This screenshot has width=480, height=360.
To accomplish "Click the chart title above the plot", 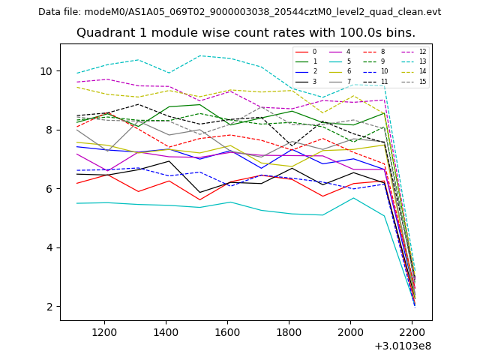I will coord(245,33).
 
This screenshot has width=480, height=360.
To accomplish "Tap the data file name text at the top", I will coord(239,12).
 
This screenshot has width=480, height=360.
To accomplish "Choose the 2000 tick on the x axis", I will coord(350,332).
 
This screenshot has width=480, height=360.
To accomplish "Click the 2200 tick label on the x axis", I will coord(412,332).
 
